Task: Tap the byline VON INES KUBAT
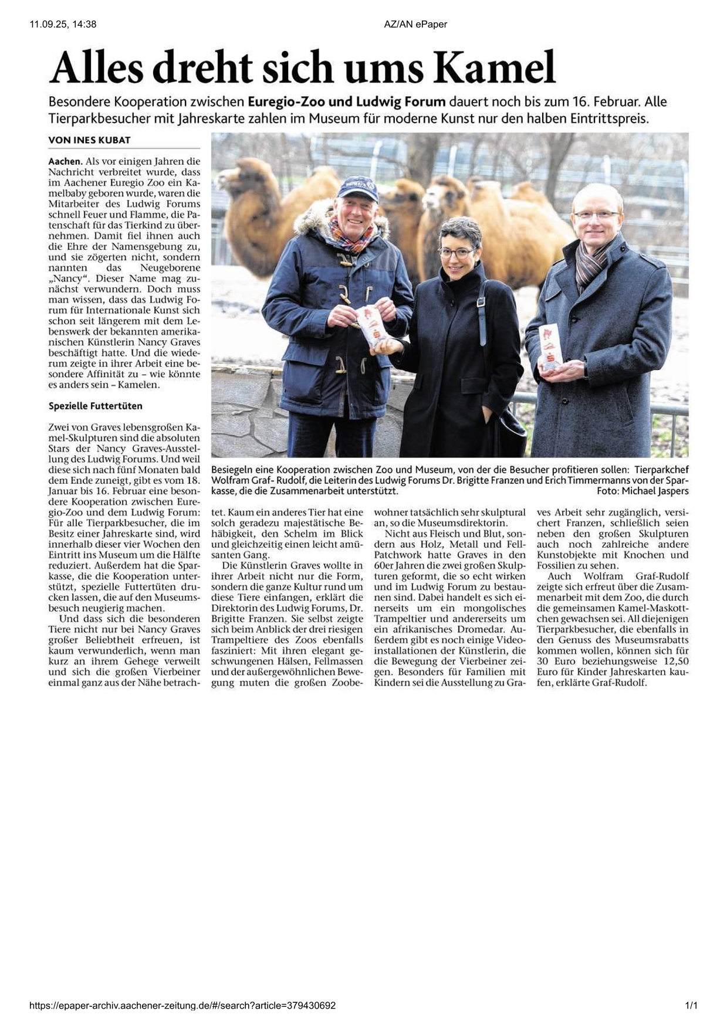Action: point(89,140)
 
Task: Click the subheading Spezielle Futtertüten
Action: point(95,406)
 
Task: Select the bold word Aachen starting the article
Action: point(65,161)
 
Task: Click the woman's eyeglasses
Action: point(457,253)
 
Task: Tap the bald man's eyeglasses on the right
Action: point(596,215)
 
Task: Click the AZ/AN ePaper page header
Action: point(415,24)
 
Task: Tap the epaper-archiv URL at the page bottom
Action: point(182,1006)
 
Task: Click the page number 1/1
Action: point(691,1006)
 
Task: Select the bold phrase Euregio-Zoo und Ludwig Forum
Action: point(347,101)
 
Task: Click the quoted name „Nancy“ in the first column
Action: point(64,278)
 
